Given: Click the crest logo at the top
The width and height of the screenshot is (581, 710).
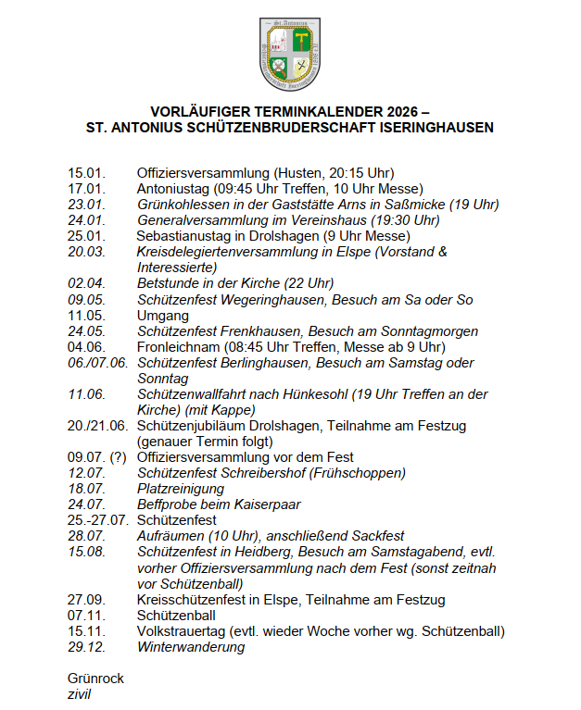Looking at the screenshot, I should click(x=290, y=54).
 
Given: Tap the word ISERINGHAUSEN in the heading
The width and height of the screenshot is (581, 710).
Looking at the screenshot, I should click(x=427, y=127).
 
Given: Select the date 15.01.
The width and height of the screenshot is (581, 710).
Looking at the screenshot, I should click(x=86, y=173).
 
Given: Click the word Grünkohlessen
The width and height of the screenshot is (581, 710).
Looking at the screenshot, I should click(x=182, y=204).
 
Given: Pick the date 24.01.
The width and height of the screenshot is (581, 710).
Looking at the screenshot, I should click(x=86, y=219).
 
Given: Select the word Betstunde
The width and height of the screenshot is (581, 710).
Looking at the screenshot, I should click(x=168, y=283).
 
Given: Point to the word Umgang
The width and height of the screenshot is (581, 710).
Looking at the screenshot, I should click(x=163, y=315).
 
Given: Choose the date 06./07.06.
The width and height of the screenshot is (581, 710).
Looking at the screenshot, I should click(x=97, y=362).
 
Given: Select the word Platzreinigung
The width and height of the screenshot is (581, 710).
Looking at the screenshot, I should click(x=180, y=488).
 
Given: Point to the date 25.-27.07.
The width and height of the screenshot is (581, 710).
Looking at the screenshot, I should click(x=97, y=520).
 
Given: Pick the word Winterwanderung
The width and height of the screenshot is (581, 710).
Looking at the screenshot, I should click(x=190, y=647).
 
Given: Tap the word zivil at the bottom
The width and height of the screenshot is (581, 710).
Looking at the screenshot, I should click(x=80, y=694).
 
